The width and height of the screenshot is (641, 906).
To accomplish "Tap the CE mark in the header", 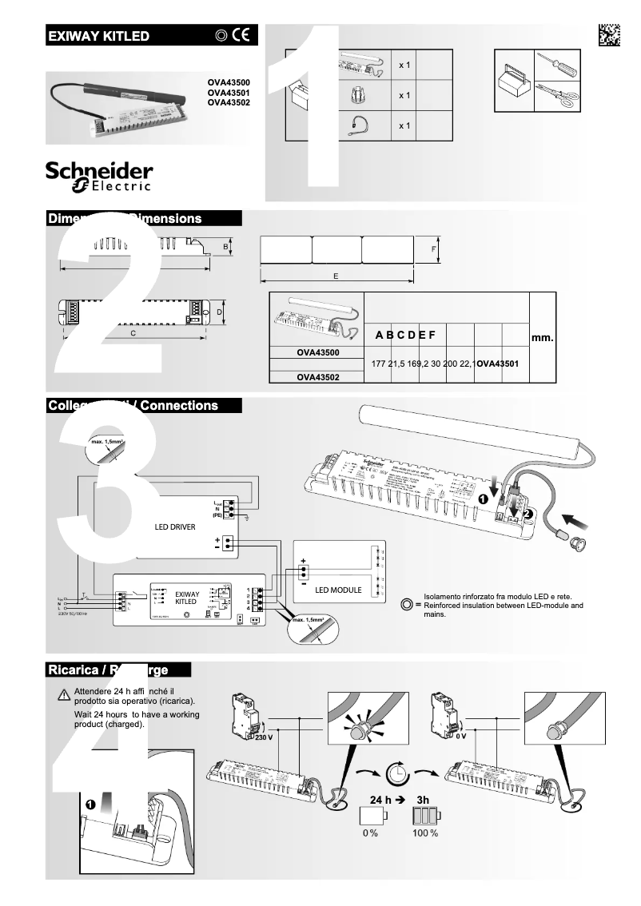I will click(x=241, y=35).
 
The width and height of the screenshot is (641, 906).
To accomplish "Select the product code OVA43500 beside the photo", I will click(x=229, y=82).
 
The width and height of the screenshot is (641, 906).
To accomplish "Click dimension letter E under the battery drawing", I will click(x=336, y=276).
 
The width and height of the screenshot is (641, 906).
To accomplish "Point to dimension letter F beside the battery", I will click(x=432, y=248).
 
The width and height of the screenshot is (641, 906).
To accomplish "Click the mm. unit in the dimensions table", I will click(x=542, y=338).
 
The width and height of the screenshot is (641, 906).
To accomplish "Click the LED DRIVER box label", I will click(x=174, y=527).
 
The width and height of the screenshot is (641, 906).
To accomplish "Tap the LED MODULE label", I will click(x=338, y=590).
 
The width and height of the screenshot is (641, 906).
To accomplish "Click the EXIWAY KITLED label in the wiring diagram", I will click(x=186, y=599).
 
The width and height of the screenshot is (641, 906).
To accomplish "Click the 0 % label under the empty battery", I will click(x=370, y=833).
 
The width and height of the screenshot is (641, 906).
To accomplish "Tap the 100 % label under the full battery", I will click(x=424, y=833).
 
